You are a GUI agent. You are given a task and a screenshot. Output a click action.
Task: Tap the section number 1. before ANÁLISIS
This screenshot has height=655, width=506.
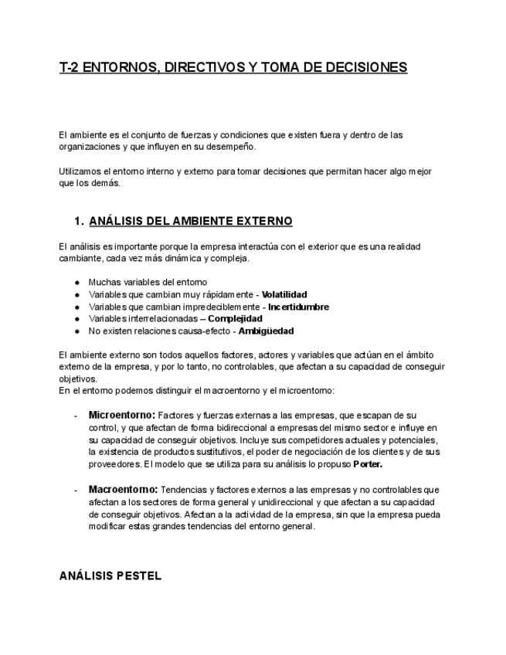(79, 222)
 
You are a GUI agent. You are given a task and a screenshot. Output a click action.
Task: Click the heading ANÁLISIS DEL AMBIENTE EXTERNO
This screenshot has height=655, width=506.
(191, 222)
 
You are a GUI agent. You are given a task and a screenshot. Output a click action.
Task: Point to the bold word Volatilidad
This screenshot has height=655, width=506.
(284, 294)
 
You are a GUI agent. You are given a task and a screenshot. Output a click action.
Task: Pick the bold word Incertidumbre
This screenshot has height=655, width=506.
(298, 307)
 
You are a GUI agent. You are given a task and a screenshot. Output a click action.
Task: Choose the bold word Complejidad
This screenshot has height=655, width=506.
(236, 318)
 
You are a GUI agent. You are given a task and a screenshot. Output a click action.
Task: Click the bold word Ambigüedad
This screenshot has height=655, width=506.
(267, 331)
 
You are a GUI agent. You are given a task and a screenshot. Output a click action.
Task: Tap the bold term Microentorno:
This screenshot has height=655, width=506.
(122, 415)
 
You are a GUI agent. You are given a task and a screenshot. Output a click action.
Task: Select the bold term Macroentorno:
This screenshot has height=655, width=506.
(123, 489)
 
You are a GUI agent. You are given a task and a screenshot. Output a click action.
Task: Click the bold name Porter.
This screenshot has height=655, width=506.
(368, 464)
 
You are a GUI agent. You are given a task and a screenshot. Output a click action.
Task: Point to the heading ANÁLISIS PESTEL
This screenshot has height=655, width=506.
(110, 576)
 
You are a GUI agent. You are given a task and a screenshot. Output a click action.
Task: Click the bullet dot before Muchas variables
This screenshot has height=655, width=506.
(77, 283)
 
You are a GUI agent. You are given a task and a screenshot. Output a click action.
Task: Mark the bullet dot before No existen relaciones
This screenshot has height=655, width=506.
(77, 331)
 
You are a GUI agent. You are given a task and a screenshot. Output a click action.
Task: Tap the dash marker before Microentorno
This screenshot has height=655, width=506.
(75, 416)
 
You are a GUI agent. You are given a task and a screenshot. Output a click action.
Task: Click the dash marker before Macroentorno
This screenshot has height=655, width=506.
(75, 490)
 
